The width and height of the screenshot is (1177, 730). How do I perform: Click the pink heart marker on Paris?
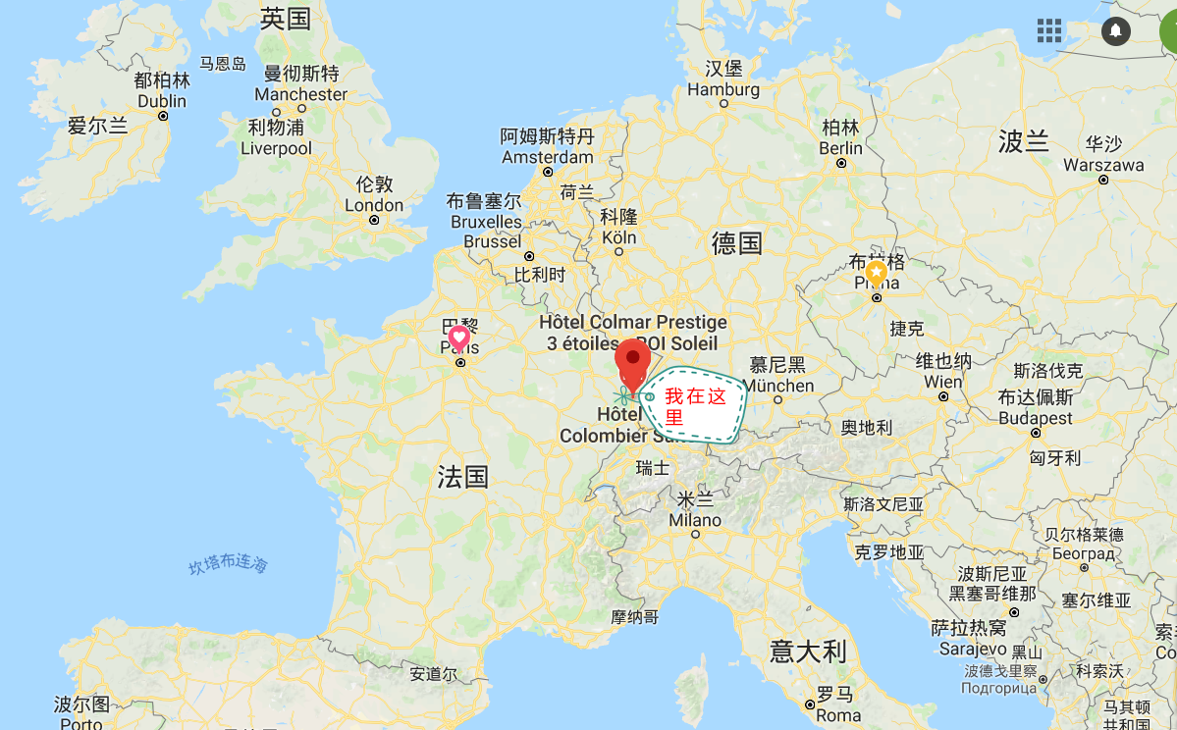tap(458, 339)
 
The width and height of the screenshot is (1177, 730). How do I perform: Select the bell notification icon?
tap(1115, 30)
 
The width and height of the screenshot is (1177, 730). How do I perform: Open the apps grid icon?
tap(1049, 30)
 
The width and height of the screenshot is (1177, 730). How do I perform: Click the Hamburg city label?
tap(723, 89)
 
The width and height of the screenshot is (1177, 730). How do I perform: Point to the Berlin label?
tap(841, 148)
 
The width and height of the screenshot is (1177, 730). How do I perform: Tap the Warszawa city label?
tap(1103, 165)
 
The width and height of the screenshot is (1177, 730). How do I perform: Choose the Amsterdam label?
tap(548, 157)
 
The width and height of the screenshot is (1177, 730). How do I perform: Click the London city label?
tap(374, 205)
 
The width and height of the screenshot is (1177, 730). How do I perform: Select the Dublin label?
tap(162, 101)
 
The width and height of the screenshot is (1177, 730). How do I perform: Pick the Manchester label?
tap(301, 94)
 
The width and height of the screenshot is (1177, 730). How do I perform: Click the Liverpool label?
tap(276, 148)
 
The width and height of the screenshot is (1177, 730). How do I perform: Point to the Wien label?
tap(943, 382)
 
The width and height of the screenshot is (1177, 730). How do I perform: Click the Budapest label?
tap(1036, 418)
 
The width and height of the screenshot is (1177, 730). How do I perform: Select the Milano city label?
tap(695, 520)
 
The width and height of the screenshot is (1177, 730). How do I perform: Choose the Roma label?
tap(837, 716)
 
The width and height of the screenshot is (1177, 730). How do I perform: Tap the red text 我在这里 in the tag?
tap(695, 407)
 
